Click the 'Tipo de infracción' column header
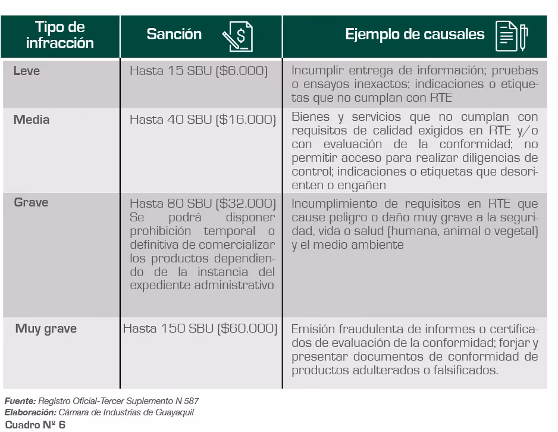[59, 35]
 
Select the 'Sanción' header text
[174, 35]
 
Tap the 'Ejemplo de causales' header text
[415, 35]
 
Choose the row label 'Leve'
[26, 71]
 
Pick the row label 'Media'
[32, 120]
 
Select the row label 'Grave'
[31, 202]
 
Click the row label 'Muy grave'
[46, 328]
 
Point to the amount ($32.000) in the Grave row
[245, 204]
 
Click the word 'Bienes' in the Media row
[310, 117]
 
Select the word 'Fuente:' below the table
[21, 402]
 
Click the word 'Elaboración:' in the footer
[30, 412]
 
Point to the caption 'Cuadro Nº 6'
[35, 425]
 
